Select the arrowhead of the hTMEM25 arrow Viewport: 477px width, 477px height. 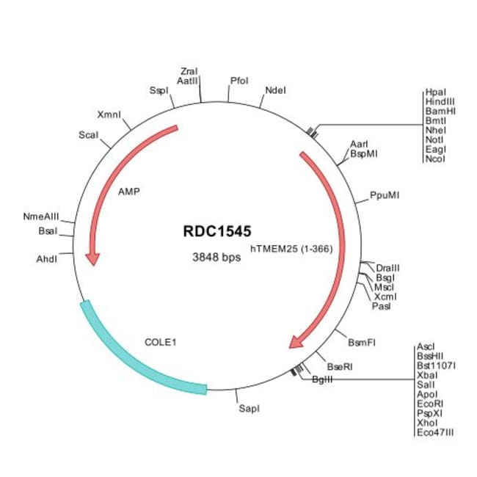[x=299, y=340]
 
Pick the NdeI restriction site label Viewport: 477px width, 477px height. [x=275, y=90]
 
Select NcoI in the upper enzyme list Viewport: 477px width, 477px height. [x=434, y=159]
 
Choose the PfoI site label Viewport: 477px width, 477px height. [x=239, y=79]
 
